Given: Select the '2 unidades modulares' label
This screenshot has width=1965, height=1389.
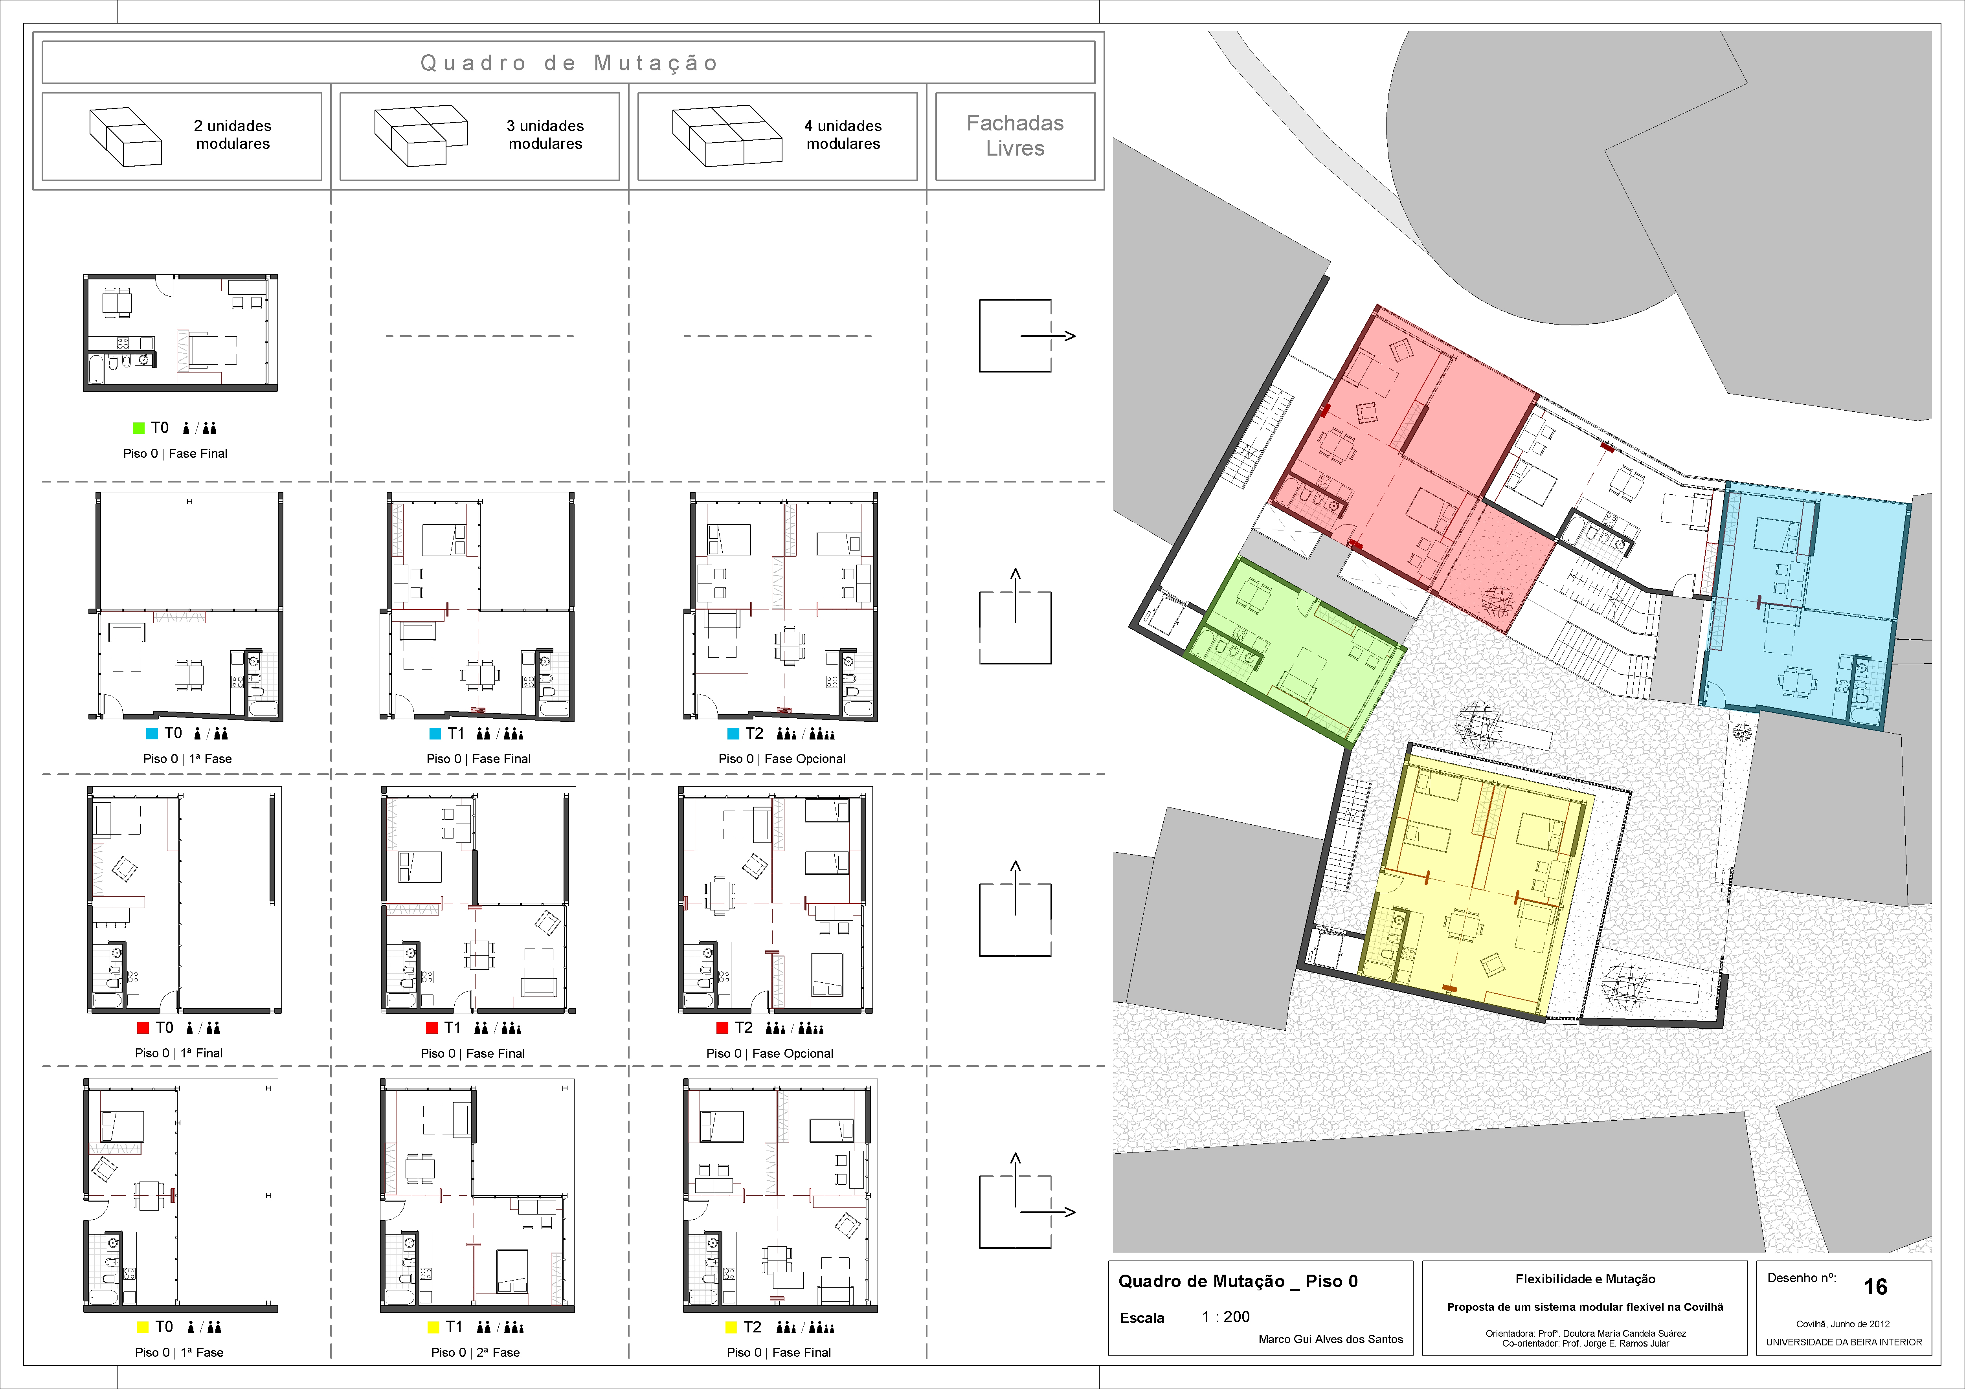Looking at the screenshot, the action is pyautogui.click(x=233, y=134).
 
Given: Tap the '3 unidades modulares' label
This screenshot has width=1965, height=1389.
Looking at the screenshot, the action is pyautogui.click(x=545, y=134).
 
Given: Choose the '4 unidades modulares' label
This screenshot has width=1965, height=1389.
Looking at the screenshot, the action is pyautogui.click(x=843, y=134).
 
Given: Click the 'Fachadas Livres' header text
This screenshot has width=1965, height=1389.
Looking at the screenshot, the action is pyautogui.click(x=1015, y=135).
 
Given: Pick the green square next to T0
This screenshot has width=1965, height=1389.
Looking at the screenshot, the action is pyautogui.click(x=139, y=428).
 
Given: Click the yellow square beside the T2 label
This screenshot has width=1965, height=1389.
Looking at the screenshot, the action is pyautogui.click(x=731, y=1327).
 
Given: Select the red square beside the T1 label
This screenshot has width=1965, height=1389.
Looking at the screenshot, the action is pyautogui.click(x=432, y=1028).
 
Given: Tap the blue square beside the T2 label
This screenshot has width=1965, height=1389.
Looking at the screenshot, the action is pyautogui.click(x=733, y=734).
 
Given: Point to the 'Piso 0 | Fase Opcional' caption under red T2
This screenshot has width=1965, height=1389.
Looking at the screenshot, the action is pyautogui.click(x=769, y=1053).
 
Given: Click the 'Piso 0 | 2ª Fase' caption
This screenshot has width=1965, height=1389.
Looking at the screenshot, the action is pyautogui.click(x=475, y=1352).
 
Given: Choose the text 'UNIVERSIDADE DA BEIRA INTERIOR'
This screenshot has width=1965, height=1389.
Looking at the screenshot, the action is pyautogui.click(x=1844, y=1342).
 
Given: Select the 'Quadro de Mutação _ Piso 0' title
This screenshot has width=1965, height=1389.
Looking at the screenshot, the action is pyautogui.click(x=1238, y=1281).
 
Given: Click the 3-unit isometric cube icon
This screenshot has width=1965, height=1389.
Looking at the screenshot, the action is pyautogui.click(x=421, y=135).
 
